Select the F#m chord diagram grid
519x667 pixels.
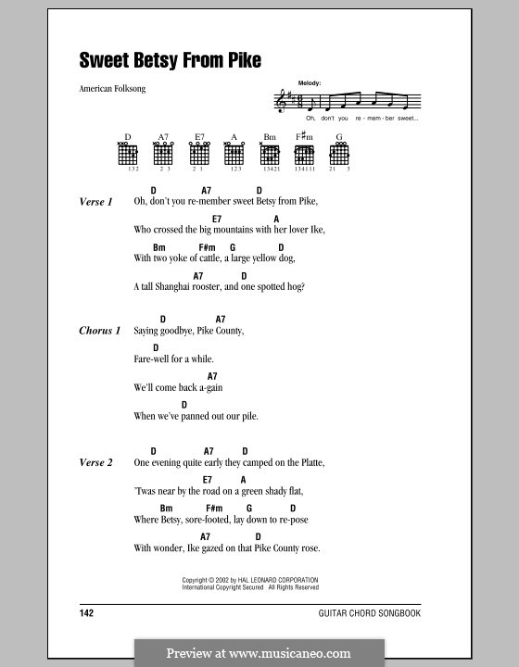(304, 157)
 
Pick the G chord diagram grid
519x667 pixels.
(339, 157)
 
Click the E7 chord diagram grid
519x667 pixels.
(198, 157)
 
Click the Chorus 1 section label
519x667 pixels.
(99, 331)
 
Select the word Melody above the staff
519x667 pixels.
(310, 83)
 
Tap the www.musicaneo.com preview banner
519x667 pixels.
(259, 653)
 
